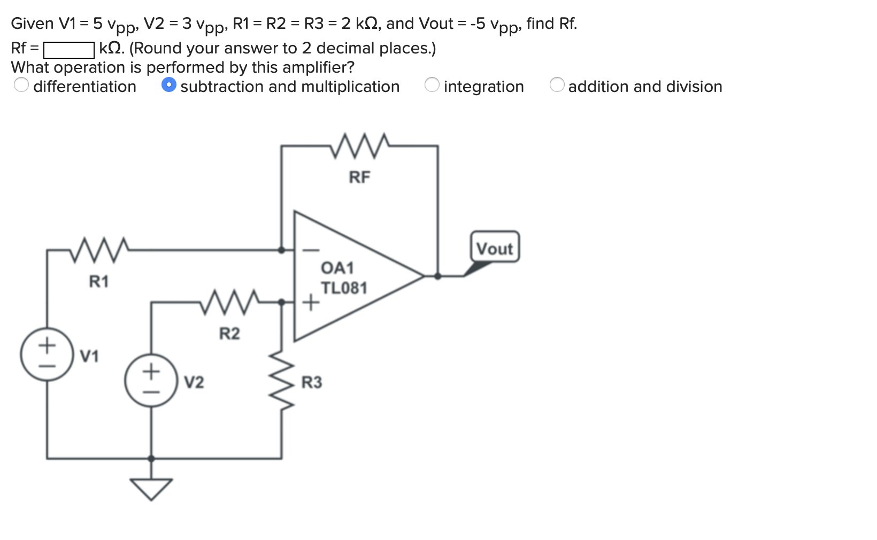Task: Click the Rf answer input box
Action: pyautogui.click(x=69, y=50)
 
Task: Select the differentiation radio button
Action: pyautogui.click(x=21, y=85)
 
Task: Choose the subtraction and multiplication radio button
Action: pyautogui.click(x=169, y=85)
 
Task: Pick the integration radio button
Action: pyautogui.click(x=432, y=85)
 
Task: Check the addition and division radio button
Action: pyautogui.click(x=557, y=85)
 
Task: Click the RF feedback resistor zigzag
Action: pyautogui.click(x=359, y=146)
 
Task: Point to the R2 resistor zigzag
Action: pyautogui.click(x=230, y=303)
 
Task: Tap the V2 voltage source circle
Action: pyautogui.click(x=151, y=380)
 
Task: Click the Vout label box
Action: pyautogui.click(x=495, y=248)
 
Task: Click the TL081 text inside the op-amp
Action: pyautogui.click(x=344, y=288)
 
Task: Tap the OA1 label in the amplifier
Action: pyautogui.click(x=337, y=267)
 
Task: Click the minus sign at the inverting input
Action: pyautogui.click(x=312, y=250)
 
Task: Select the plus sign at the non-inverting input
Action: pyautogui.click(x=311, y=304)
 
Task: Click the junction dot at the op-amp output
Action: pyautogui.click(x=437, y=276)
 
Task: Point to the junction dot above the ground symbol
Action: pyautogui.click(x=151, y=459)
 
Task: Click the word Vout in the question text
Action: pyautogui.click(x=436, y=24)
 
